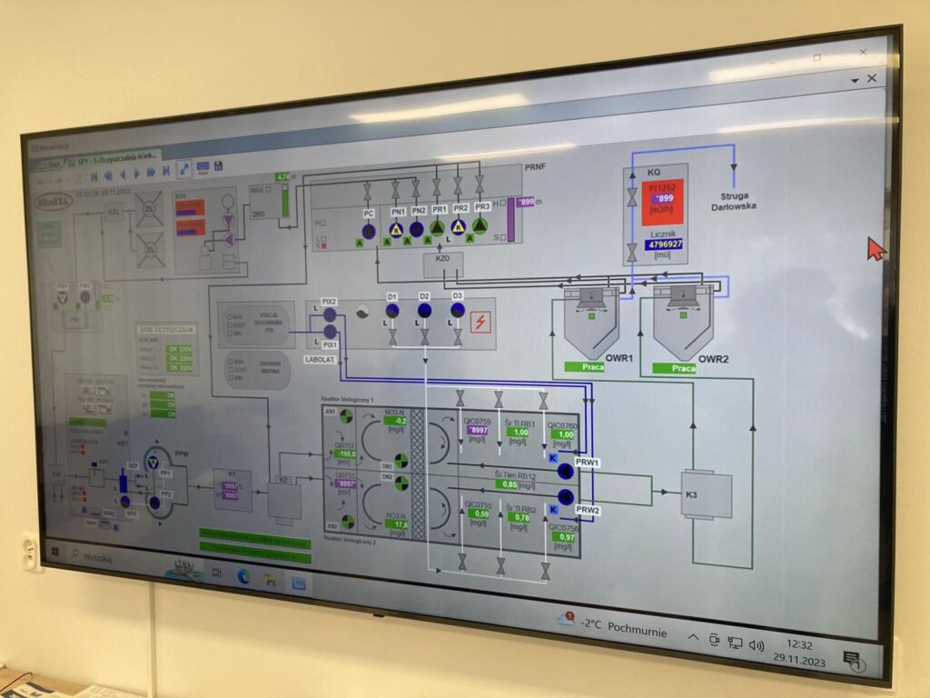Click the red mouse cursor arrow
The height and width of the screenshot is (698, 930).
pyautogui.click(x=876, y=248)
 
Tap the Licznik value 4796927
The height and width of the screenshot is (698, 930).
pyautogui.click(x=664, y=244)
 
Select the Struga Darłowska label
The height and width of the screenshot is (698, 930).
pyautogui.click(x=734, y=201)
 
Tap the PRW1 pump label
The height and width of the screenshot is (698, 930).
pyautogui.click(x=588, y=463)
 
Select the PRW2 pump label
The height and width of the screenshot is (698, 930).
pyautogui.click(x=588, y=511)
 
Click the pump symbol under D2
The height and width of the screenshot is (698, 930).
pyautogui.click(x=424, y=311)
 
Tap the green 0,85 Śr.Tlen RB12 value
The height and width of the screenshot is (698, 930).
pyautogui.click(x=512, y=484)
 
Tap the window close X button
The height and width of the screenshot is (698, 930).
pyautogui.click(x=872, y=79)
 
